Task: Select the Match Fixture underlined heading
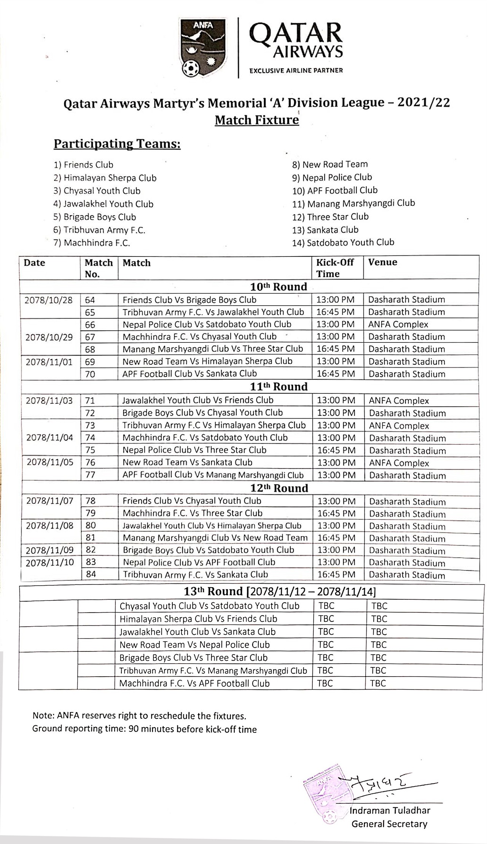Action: click(x=257, y=120)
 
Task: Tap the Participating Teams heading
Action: click(x=117, y=144)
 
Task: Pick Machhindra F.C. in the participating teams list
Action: click(x=97, y=243)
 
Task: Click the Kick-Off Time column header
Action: click(x=335, y=268)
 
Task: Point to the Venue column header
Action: click(x=382, y=262)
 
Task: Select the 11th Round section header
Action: click(x=279, y=387)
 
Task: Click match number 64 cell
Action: click(x=90, y=300)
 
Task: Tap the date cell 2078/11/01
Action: click(x=49, y=361)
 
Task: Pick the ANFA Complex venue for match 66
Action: click(x=398, y=325)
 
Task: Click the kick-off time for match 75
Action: click(x=336, y=450)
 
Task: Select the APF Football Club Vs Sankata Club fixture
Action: click(x=189, y=374)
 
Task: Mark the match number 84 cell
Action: click(x=91, y=574)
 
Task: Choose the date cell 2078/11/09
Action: click(x=50, y=550)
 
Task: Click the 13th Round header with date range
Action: click(x=280, y=592)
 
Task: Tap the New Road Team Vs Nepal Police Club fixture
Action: click(x=194, y=645)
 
